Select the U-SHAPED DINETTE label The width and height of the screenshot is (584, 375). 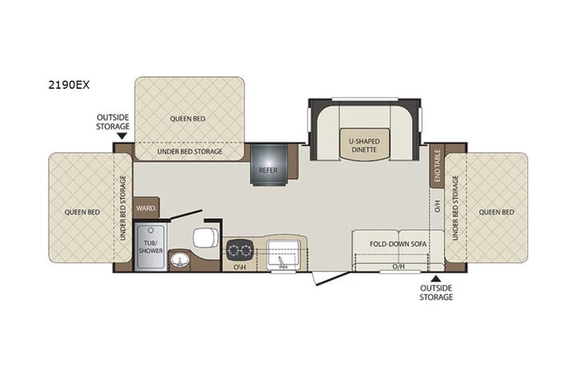(x=364, y=146)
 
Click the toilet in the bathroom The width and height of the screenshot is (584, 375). (x=204, y=237)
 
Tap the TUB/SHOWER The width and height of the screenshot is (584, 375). (x=149, y=246)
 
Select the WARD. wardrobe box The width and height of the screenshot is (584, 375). (x=145, y=207)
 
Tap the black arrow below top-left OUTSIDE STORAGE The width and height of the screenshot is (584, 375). (x=121, y=136)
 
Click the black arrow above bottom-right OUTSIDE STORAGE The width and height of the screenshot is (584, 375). (x=435, y=278)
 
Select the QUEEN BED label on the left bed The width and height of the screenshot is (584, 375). (x=81, y=212)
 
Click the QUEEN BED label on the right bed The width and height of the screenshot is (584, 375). (x=496, y=212)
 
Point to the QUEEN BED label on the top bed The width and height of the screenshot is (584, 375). (x=189, y=118)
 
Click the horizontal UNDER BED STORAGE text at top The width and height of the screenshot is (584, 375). (x=189, y=150)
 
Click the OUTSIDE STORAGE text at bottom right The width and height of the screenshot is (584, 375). (x=436, y=292)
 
